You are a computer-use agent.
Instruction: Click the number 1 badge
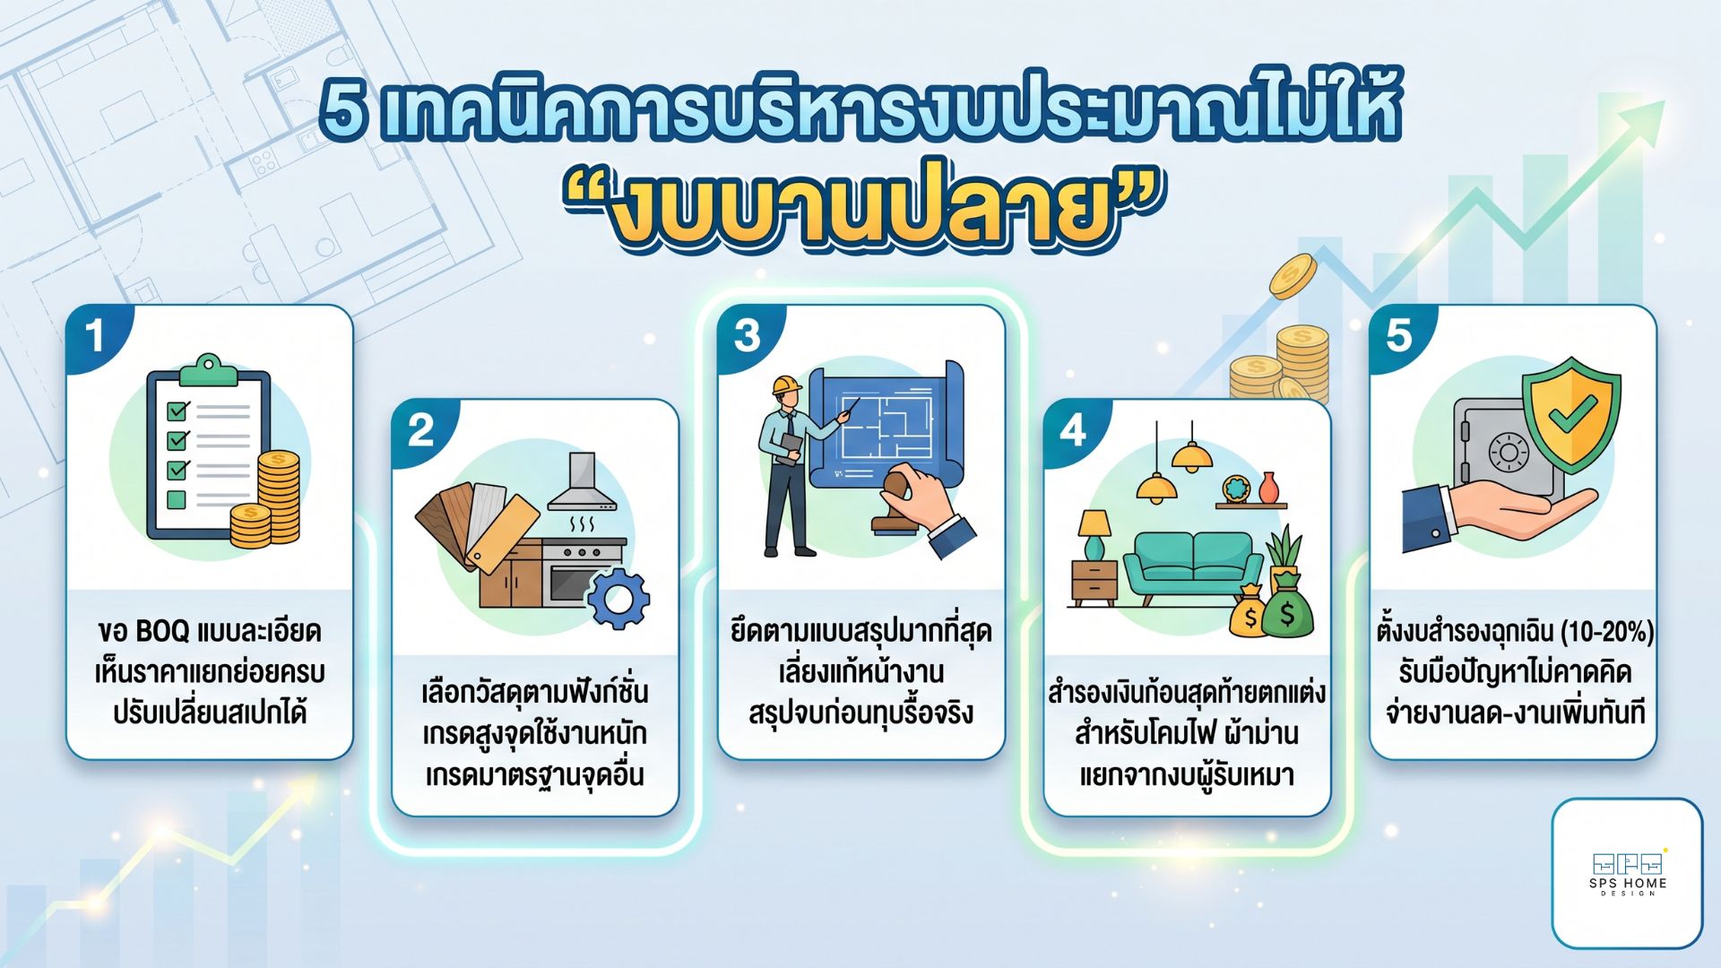pos(95,337)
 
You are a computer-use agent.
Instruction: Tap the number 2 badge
pos(420,431)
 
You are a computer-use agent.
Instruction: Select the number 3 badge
pos(747,336)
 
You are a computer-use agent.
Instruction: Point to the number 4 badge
pos(1072,431)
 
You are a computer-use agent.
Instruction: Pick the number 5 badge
pos(1398,336)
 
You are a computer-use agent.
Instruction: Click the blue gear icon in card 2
pos(618,598)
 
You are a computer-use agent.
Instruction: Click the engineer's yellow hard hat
pos(787,385)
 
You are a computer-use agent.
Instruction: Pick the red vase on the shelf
pos(1267,488)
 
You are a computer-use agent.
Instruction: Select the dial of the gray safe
pos(1509,452)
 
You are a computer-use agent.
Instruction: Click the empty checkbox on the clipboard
pos(177,499)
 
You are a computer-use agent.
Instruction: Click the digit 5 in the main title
pos(345,115)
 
